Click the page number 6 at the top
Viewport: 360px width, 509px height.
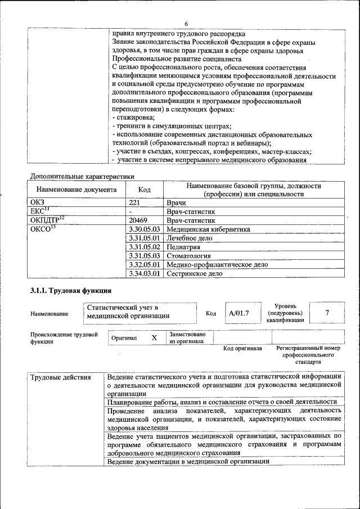pos(186,23)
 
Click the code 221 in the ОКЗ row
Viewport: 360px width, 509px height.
pos(134,202)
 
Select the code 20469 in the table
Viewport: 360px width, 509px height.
pos(138,220)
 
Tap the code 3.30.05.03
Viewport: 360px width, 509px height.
pos(145,229)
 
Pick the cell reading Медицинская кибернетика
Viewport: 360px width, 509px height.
pos(208,229)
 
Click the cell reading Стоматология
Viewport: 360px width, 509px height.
pos(189,255)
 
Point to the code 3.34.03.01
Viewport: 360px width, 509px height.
pos(145,273)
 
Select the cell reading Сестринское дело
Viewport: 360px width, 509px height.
pos(194,273)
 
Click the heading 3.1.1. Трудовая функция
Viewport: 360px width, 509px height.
pos(71,291)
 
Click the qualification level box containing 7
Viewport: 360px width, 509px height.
pos(327,312)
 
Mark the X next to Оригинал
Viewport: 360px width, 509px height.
pos(154,338)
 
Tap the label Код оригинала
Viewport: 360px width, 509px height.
pos(242,349)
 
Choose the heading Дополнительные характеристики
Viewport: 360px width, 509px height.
pos(82,176)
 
